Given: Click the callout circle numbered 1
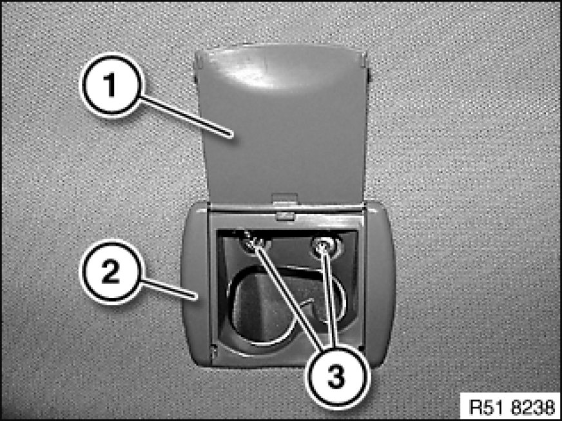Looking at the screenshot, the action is pos(111,85).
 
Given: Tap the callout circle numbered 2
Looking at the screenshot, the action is pos(111,272).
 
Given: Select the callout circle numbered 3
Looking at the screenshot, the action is pos(336,377).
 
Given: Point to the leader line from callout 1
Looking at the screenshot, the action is pos(186,117).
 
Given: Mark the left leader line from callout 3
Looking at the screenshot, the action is pos(289,294).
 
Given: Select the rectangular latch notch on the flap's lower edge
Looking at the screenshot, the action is pos(285,199).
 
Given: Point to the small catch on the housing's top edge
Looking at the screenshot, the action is pos(286,216).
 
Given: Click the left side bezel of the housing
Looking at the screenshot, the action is pos(195,283).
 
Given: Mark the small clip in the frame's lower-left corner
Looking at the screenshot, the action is pos(215,353).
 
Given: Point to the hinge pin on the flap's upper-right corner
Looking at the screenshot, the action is pos(368,66).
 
